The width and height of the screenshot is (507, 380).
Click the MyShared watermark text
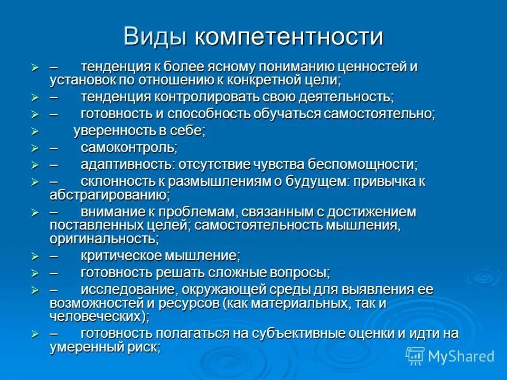click(x=461, y=356)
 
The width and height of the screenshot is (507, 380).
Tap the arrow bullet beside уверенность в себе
click(x=35, y=131)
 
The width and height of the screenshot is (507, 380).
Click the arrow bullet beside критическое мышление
click(x=35, y=256)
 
